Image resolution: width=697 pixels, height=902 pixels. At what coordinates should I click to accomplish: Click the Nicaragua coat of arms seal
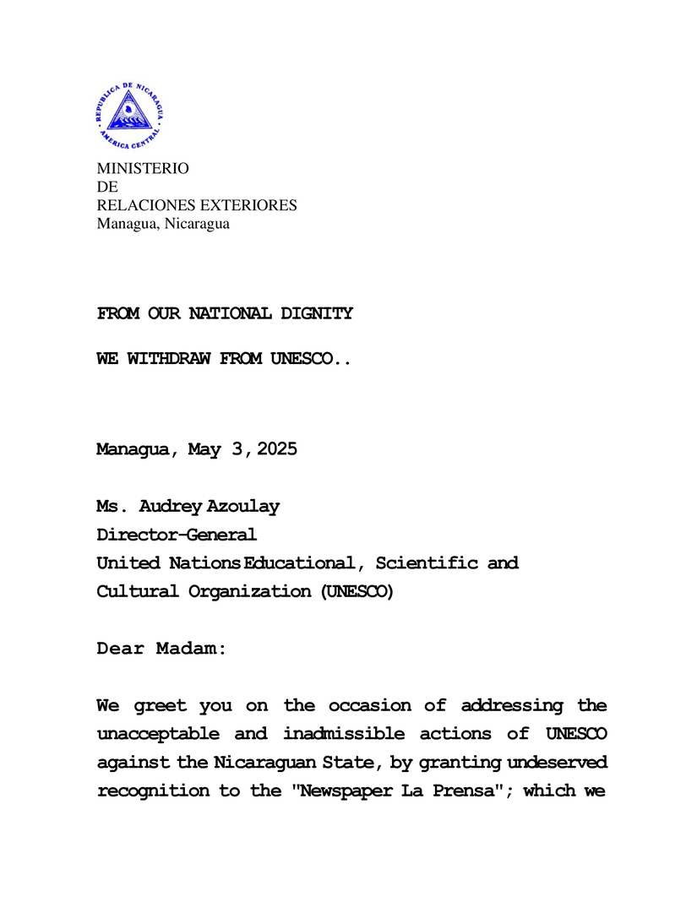click(x=129, y=117)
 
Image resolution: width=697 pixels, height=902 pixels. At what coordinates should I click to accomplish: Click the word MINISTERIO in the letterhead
click(x=142, y=169)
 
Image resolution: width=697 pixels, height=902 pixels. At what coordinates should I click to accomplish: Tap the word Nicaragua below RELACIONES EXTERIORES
click(x=196, y=224)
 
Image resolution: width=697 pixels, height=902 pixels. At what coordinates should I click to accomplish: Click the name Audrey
click(x=172, y=507)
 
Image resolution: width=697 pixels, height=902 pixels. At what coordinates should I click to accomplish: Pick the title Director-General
click(x=176, y=535)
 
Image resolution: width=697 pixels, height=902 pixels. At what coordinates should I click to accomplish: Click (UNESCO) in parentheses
click(x=357, y=591)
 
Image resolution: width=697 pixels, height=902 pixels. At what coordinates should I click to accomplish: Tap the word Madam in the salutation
click(x=191, y=649)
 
